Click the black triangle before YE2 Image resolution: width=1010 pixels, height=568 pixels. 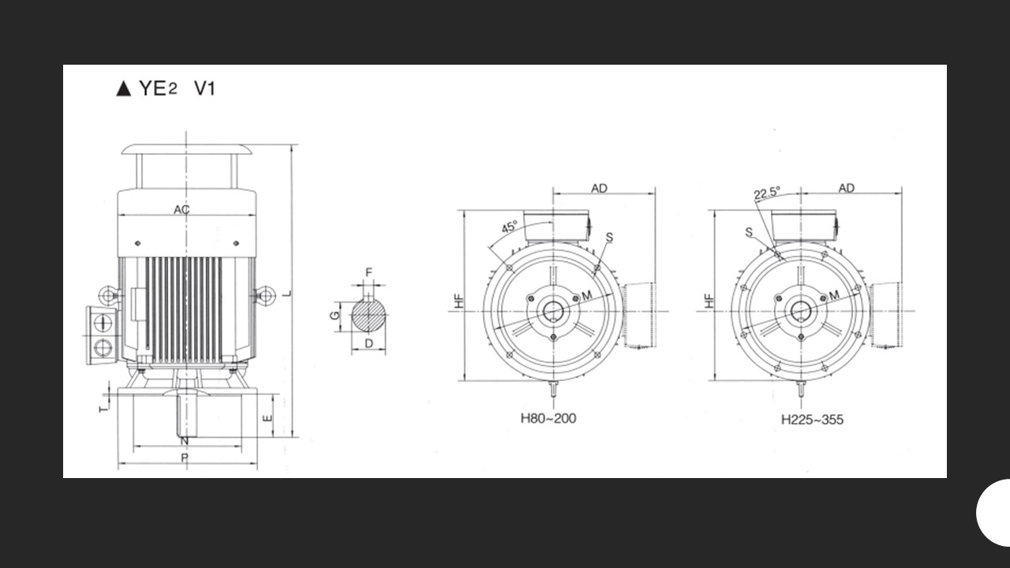pos(124,88)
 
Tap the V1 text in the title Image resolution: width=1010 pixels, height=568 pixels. pos(204,88)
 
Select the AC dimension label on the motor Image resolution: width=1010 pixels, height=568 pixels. pos(181,209)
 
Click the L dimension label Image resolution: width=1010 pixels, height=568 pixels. pos(286,294)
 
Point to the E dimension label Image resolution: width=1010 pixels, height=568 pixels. pos(267,418)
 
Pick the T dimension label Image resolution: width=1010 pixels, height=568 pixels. pos(103,408)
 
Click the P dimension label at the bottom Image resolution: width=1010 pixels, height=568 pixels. pos(185,458)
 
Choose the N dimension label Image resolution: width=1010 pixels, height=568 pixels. pos(184,441)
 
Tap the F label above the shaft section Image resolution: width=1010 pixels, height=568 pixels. pos(368,273)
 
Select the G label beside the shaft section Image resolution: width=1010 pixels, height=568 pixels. pos(335,315)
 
